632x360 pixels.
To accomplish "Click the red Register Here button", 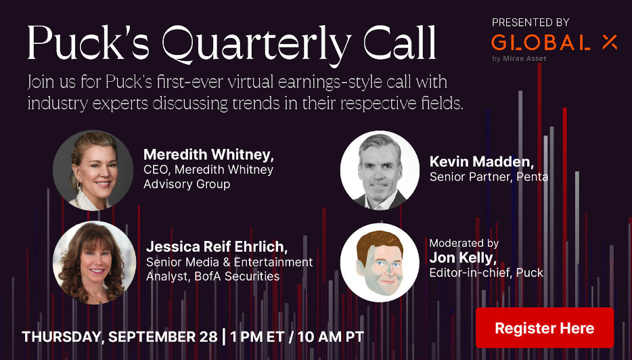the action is [x=545, y=328].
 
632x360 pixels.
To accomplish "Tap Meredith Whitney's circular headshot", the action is [x=93, y=170].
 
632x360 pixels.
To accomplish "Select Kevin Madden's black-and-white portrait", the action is [x=380, y=170].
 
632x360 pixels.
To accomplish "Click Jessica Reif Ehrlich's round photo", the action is [x=94, y=263].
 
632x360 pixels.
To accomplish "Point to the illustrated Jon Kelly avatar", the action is [x=380, y=263].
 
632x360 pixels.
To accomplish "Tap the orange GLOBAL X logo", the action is [x=554, y=43].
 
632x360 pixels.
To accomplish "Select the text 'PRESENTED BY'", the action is [x=531, y=22].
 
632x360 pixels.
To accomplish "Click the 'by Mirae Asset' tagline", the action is [x=519, y=58].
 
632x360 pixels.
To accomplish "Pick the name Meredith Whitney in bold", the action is [x=208, y=154].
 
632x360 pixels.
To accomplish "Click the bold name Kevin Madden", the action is [x=482, y=162].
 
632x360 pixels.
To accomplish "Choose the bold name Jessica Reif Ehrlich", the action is [x=217, y=247].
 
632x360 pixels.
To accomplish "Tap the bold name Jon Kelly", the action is [x=463, y=258].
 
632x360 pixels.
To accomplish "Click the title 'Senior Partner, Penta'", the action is [x=489, y=177].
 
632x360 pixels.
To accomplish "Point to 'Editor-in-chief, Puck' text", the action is [x=486, y=273].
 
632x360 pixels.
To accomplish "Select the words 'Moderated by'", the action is [x=464, y=243].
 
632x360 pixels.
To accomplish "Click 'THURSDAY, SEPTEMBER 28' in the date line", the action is [x=120, y=336].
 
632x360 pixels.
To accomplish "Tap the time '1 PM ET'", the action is [x=257, y=336].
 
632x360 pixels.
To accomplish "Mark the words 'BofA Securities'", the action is [x=237, y=276].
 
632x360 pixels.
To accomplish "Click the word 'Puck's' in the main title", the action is [x=88, y=43].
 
